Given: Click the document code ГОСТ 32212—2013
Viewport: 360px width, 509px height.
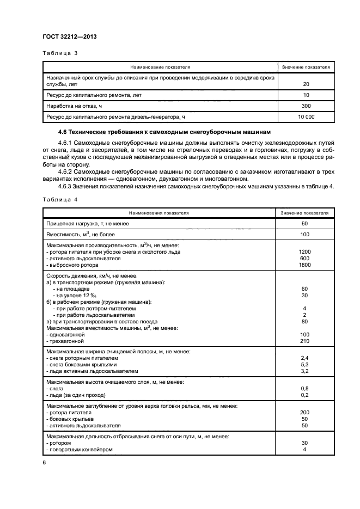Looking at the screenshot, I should [66, 37].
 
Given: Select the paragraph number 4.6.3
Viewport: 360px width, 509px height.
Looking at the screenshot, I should [65, 188].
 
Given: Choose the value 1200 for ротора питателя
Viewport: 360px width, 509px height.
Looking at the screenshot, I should [304, 252].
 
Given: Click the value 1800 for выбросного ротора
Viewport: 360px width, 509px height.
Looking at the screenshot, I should [304, 265].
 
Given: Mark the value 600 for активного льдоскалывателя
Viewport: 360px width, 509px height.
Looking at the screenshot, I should [304, 259].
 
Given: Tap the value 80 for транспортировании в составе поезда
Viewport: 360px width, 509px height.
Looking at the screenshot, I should [304, 321].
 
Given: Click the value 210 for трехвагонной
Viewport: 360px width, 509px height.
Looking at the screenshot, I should [304, 341].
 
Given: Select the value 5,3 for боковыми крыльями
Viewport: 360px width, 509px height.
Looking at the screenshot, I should [304, 364].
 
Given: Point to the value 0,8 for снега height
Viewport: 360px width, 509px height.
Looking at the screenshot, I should [304, 388].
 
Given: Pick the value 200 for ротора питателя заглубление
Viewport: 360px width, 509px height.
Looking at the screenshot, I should [304, 413].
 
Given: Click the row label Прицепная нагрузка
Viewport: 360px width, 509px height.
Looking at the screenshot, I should [88, 223].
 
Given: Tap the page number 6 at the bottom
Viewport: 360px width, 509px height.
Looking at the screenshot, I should [44, 462].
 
